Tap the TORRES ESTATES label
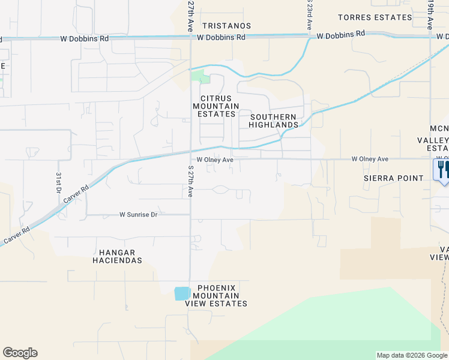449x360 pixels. click(375, 17)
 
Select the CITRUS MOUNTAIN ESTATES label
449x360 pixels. click(215, 106)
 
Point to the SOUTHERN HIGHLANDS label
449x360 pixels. click(274, 121)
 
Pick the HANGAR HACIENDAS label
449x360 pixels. click(117, 257)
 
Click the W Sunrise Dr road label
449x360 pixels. click(138, 214)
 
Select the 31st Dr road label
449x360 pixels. click(59, 182)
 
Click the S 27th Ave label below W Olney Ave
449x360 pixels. click(190, 181)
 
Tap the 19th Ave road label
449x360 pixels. click(431, 15)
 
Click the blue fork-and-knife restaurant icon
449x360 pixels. click(441, 170)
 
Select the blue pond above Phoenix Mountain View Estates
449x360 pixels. click(182, 293)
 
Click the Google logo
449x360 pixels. click(20, 353)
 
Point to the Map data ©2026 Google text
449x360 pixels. click(411, 355)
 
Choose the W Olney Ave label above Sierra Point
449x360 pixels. click(370, 159)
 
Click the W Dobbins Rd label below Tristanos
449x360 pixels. click(221, 37)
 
